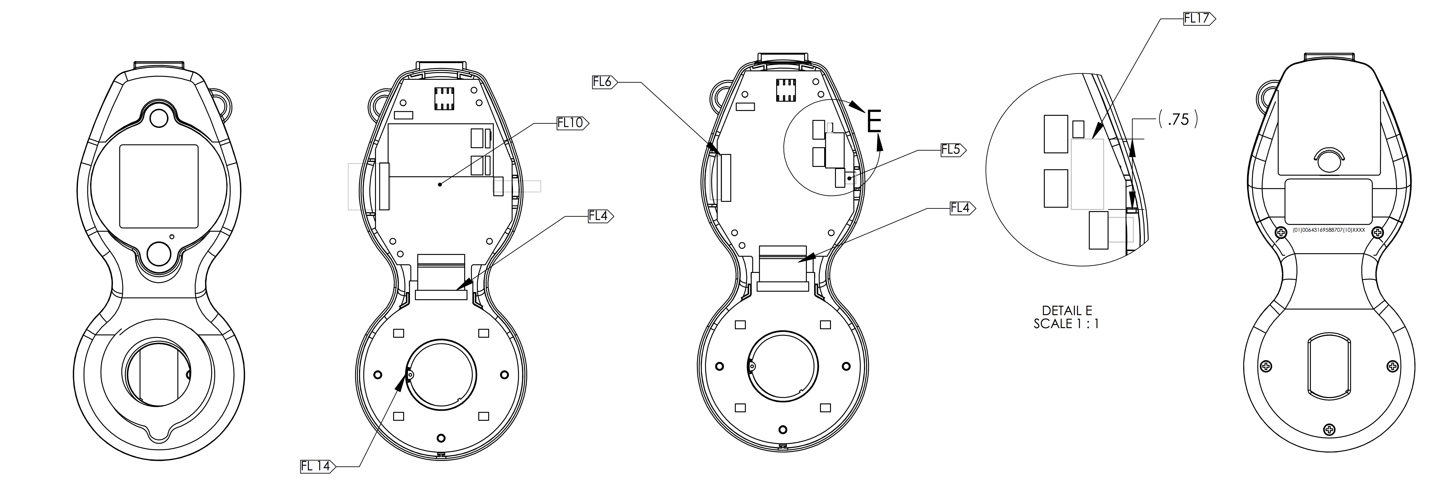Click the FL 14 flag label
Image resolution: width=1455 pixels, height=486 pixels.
tap(318, 466)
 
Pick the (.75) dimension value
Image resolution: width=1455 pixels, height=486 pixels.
tap(1178, 119)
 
